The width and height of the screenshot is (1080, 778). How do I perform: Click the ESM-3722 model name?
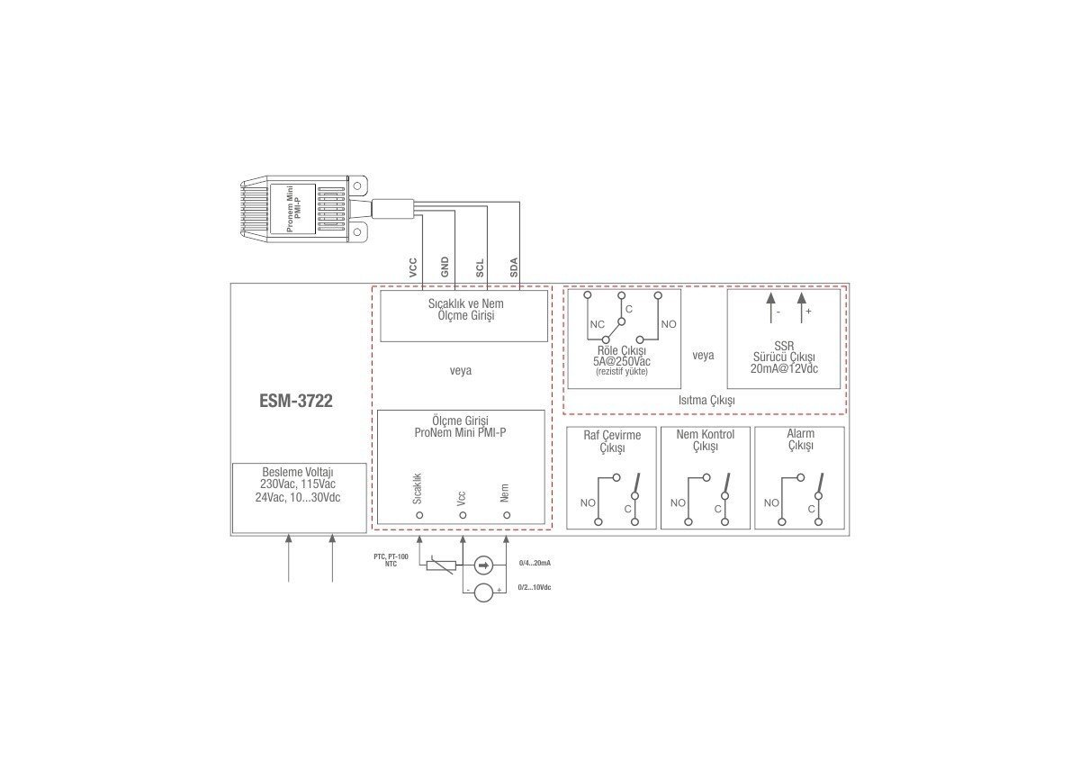[295, 401]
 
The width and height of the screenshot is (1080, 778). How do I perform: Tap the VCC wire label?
[413, 267]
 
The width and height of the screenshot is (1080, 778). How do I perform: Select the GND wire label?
[445, 267]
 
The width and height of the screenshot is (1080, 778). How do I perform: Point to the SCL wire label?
[479, 268]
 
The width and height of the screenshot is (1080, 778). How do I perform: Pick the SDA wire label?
[514, 267]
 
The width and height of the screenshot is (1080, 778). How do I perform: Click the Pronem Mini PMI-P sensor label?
[293, 209]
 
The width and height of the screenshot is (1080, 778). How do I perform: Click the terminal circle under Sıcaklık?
[419, 515]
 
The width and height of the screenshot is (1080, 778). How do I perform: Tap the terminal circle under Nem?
[507, 515]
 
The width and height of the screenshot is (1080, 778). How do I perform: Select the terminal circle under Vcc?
[463, 515]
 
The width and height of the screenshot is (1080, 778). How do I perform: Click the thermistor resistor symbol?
[441, 565]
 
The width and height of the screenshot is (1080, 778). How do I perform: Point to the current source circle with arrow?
[483, 565]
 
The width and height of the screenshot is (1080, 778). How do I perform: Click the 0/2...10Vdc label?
[535, 587]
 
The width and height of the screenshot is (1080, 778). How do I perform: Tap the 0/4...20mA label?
[535, 563]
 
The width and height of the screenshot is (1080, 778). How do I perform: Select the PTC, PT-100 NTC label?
[391, 560]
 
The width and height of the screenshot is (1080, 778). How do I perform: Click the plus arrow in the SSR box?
[802, 307]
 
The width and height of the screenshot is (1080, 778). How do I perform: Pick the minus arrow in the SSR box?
[771, 307]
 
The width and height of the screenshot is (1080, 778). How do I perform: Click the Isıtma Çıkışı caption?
[706, 401]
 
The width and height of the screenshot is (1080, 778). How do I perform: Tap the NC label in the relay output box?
[598, 324]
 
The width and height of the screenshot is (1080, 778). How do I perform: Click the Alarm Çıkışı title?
[801, 439]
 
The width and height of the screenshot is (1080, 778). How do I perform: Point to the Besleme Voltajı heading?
[298, 472]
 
